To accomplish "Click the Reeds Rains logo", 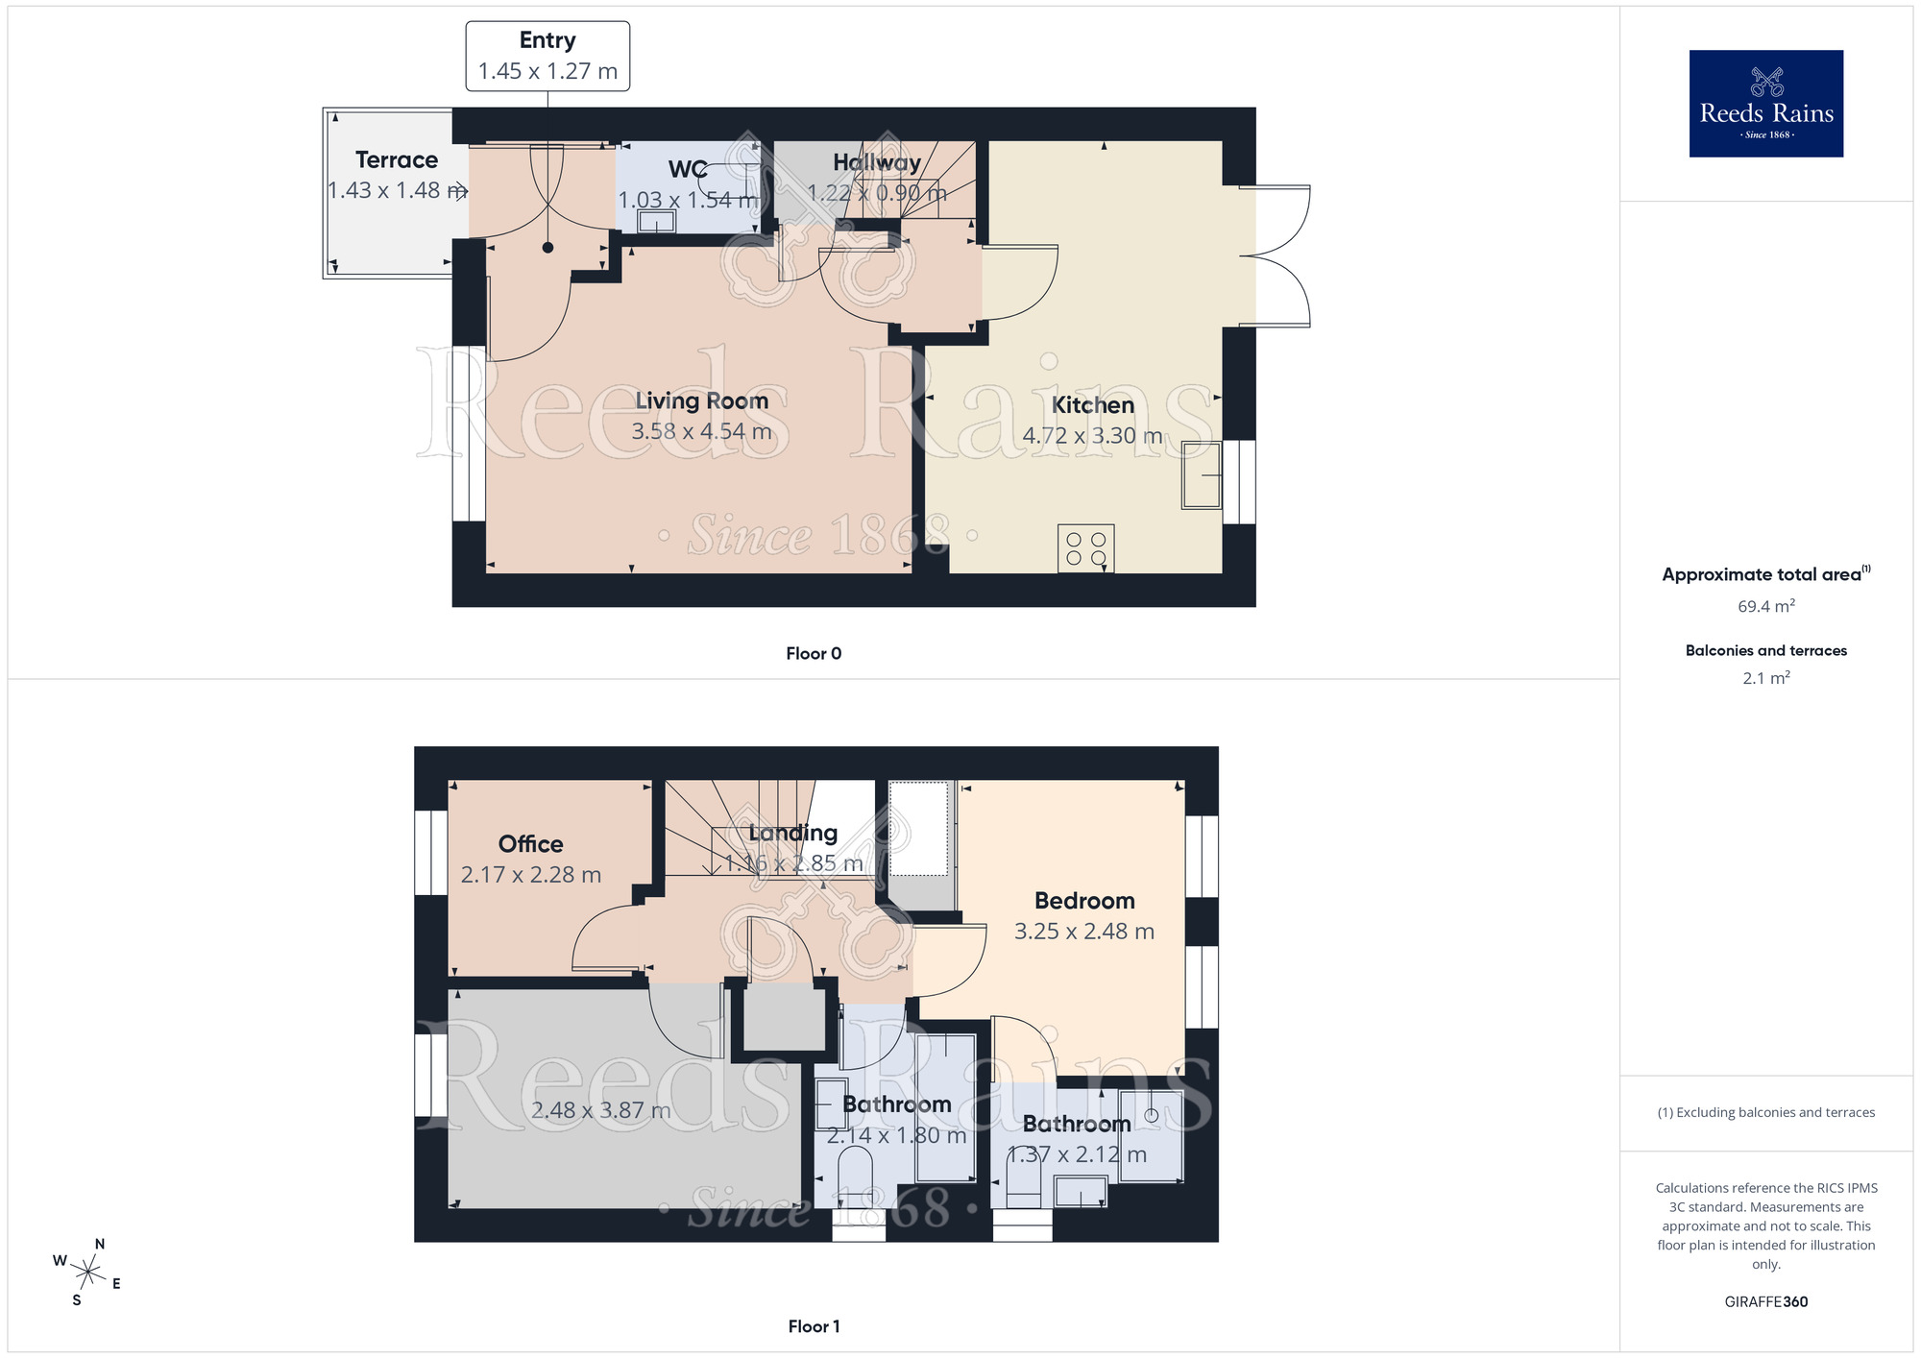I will pyautogui.click(x=1765, y=104).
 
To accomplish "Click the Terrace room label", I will pyautogui.click(x=396, y=160).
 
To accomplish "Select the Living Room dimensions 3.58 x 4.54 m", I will pyautogui.click(x=701, y=432).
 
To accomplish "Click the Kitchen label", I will pyautogui.click(x=1092, y=405).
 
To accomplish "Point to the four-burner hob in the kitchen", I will pyautogui.click(x=1085, y=548).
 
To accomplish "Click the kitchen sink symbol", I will pyautogui.click(x=1201, y=474).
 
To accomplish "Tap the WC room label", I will pyautogui.click(x=688, y=170).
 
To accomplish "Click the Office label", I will pyautogui.click(x=530, y=844).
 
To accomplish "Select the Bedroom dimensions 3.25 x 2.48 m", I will pyautogui.click(x=1083, y=932).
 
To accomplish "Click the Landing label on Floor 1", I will pyautogui.click(x=792, y=833).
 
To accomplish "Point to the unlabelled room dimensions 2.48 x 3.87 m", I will pyautogui.click(x=600, y=1110).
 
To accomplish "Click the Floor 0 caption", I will pyautogui.click(x=813, y=654).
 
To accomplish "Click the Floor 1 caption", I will pyautogui.click(x=813, y=1326).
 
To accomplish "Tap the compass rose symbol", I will pyautogui.click(x=87, y=1273).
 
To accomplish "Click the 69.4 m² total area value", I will pyautogui.click(x=1765, y=607).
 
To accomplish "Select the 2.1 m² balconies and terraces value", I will pyautogui.click(x=1765, y=678).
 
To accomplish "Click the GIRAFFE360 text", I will pyautogui.click(x=1765, y=1302).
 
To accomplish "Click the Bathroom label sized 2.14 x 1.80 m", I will pyautogui.click(x=896, y=1104).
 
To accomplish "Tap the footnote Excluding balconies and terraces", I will pyautogui.click(x=1765, y=1112).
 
